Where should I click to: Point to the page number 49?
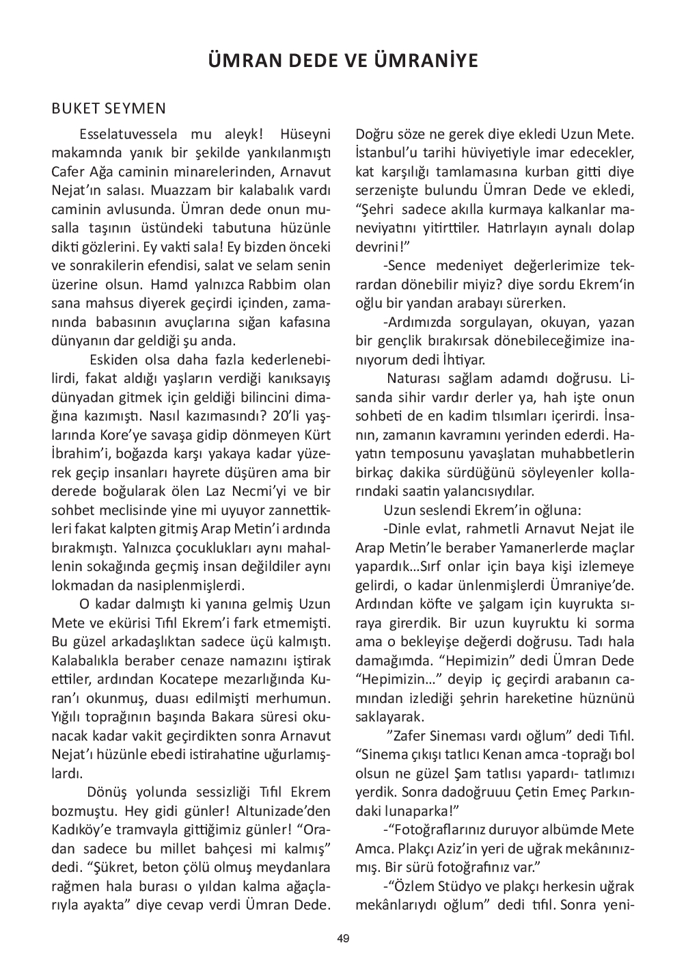(343, 939)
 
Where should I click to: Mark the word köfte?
(427, 605)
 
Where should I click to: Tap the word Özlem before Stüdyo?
(416, 886)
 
